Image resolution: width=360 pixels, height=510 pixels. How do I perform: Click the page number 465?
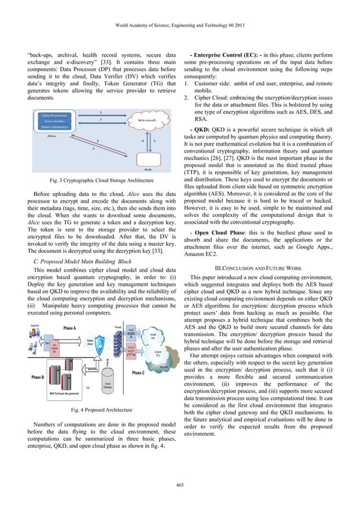[180, 485]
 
